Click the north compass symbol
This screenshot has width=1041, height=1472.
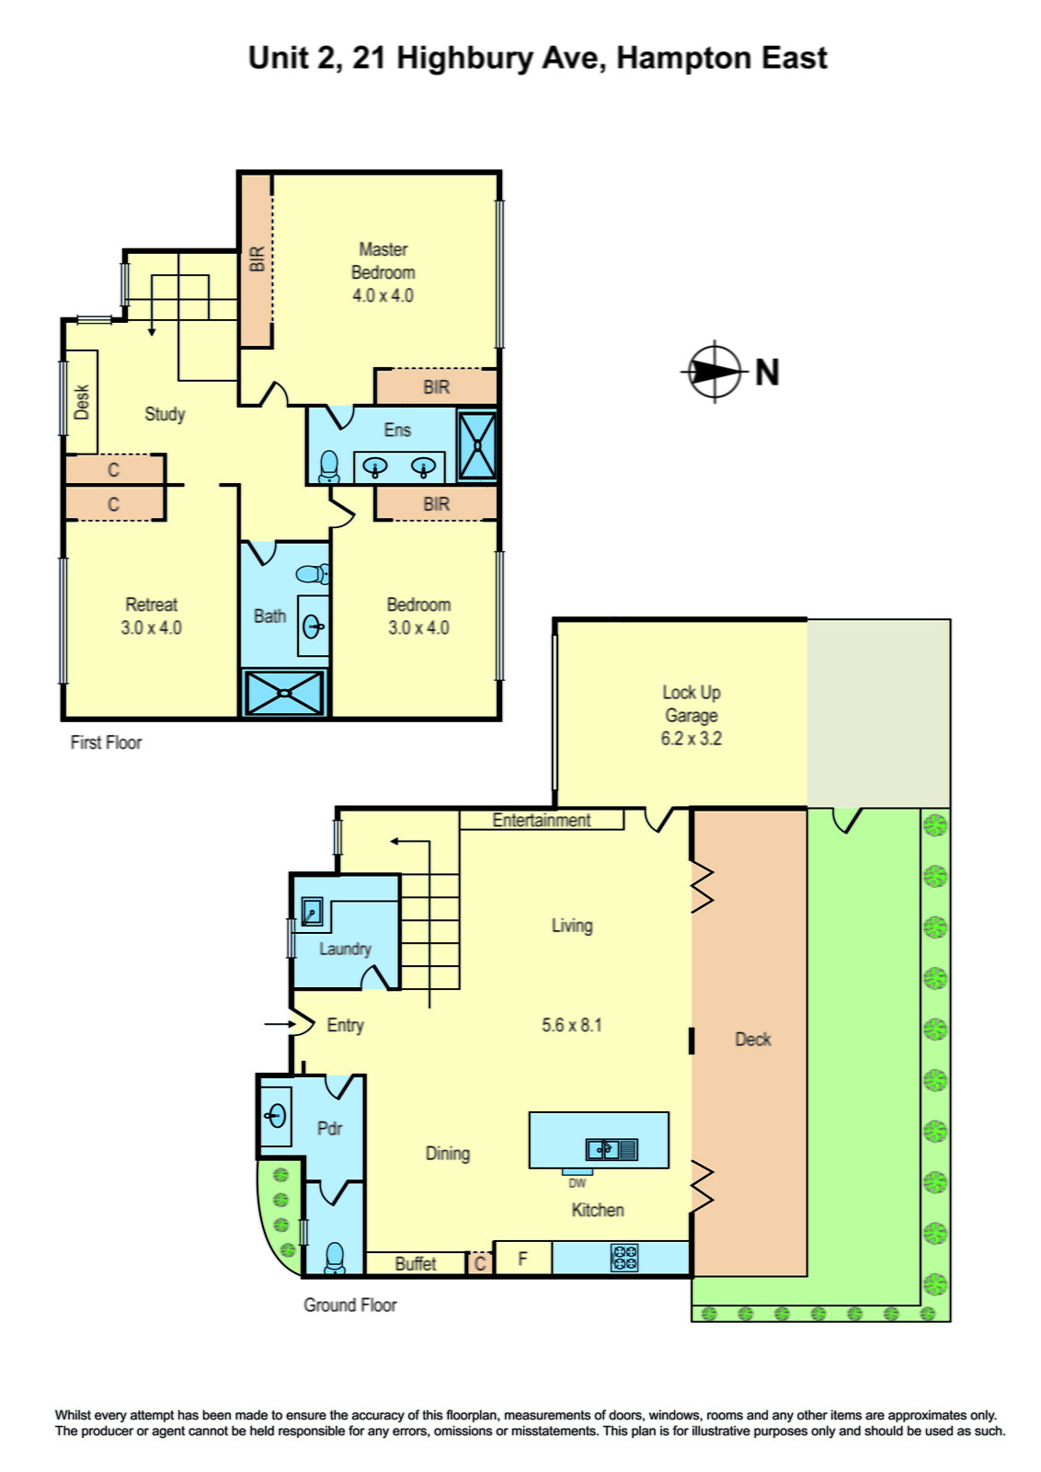point(715,372)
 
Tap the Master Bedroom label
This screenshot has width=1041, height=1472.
point(383,261)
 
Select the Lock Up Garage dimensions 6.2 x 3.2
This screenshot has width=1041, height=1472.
point(691,739)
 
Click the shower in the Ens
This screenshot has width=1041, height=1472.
point(476,445)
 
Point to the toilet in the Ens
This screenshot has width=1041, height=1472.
point(329,467)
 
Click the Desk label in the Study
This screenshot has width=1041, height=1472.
point(82,403)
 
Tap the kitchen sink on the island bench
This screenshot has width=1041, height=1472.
point(612,1148)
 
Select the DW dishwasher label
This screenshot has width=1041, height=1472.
point(577,1183)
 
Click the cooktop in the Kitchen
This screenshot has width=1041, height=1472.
point(624,1258)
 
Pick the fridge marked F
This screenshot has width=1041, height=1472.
point(522,1258)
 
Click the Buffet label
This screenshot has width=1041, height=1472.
point(415,1264)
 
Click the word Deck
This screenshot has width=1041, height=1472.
point(752,1040)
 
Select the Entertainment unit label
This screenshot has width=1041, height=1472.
point(541,820)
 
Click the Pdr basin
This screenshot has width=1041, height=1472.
point(275,1117)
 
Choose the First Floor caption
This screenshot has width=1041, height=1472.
point(106,742)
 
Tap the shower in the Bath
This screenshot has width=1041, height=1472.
point(284,693)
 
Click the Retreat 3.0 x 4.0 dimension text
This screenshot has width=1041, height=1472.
point(151,628)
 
